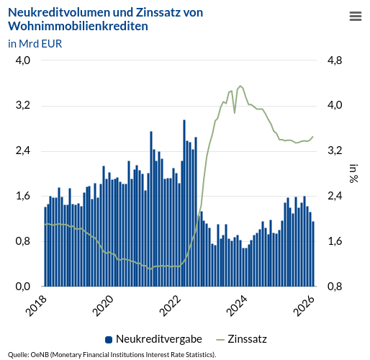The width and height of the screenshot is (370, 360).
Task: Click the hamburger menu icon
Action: pos(355,17)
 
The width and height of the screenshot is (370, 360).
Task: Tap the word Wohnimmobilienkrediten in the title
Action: pos(78,27)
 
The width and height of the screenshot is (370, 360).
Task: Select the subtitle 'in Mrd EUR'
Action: pos(35,43)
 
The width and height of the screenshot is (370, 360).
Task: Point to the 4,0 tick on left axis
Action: pos(23,60)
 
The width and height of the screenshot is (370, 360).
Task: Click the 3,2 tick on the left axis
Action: pos(23,106)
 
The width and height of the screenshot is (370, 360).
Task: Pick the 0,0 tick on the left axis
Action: pos(23,287)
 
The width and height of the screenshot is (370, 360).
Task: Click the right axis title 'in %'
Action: pos(353,174)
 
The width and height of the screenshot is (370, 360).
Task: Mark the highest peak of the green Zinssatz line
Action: pos(240,86)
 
